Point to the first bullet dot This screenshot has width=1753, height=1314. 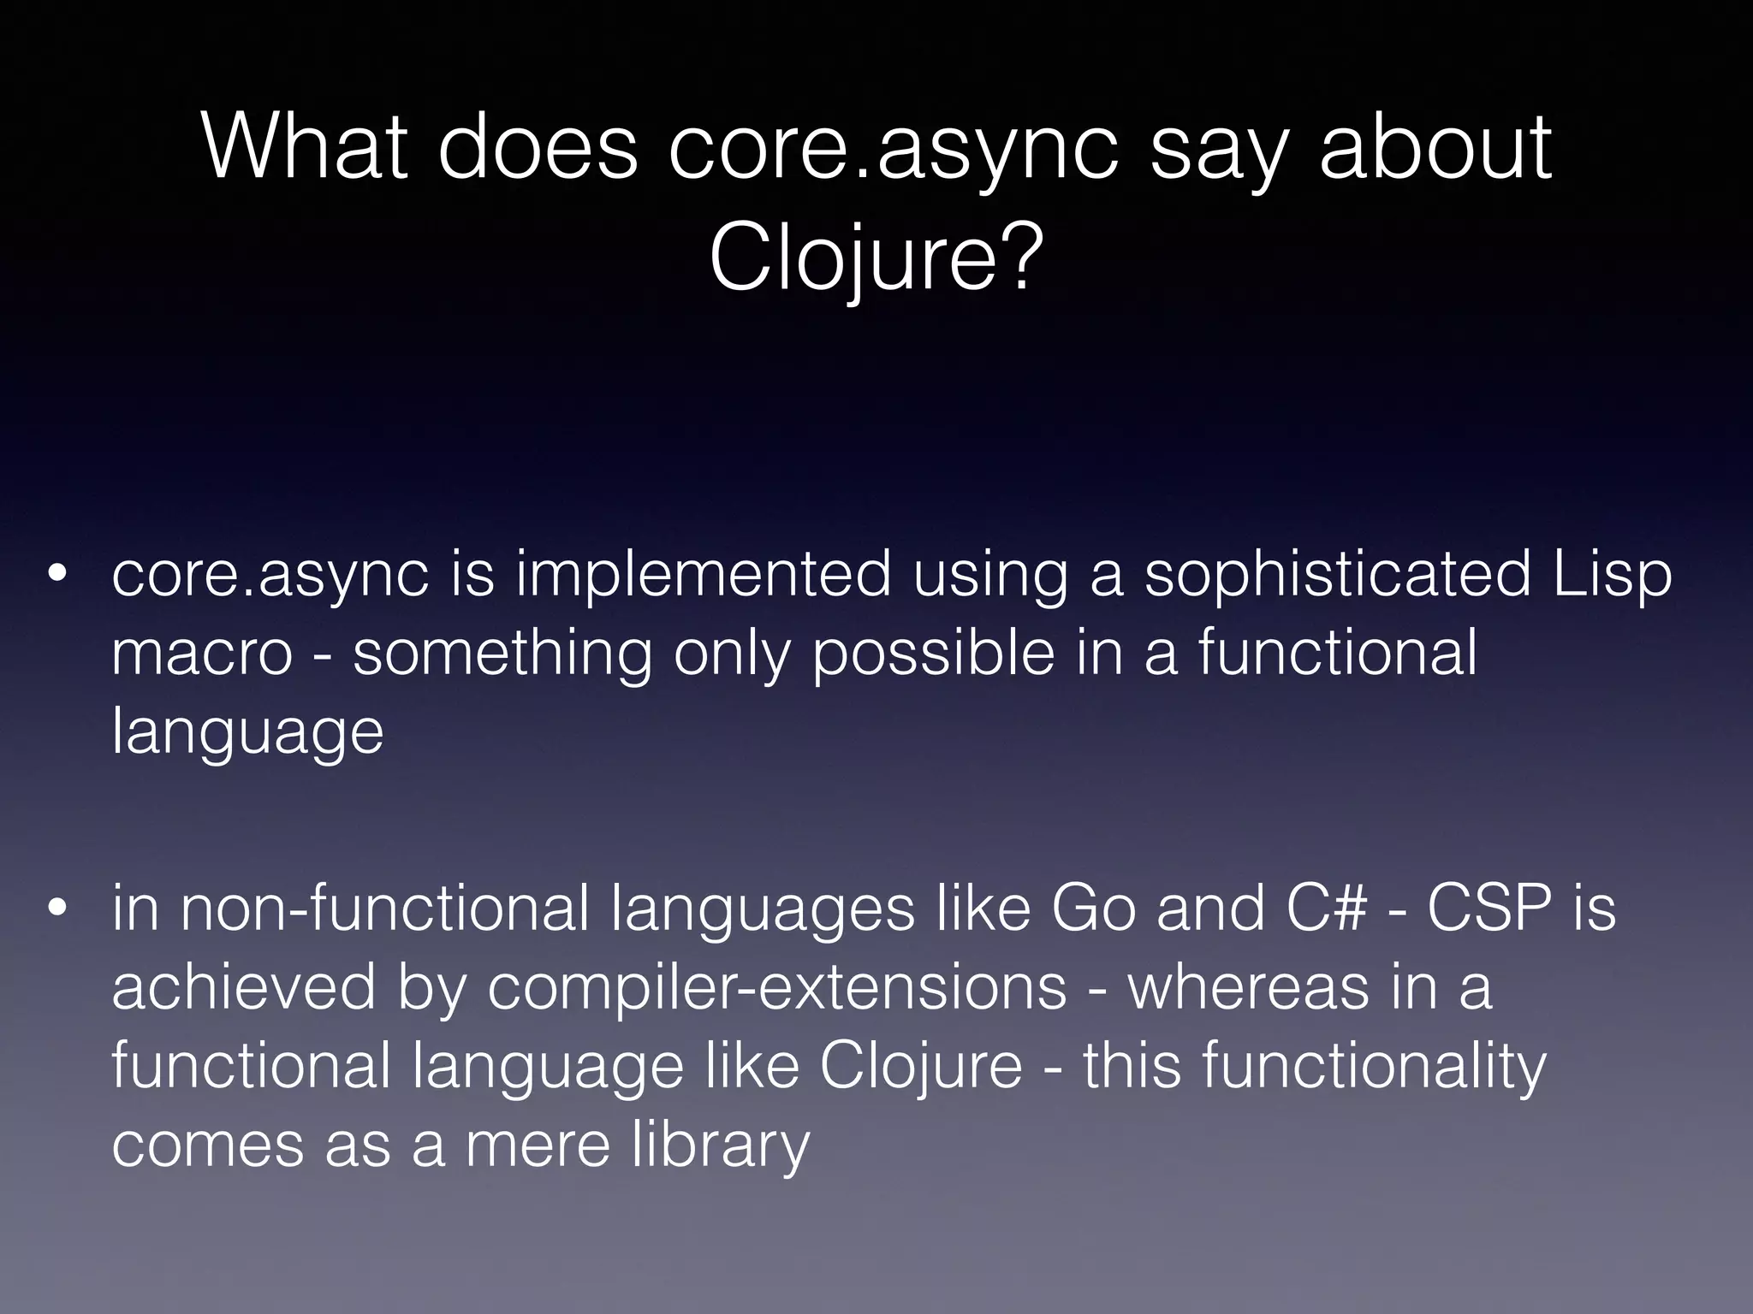pyautogui.click(x=57, y=576)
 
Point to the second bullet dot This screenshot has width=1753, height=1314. pyautogui.click(x=57, y=909)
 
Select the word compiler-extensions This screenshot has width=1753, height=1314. pyautogui.click(x=777, y=987)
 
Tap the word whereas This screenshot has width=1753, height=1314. pyautogui.click(x=1245, y=987)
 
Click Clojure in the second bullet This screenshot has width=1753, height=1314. pyautogui.click(x=920, y=1066)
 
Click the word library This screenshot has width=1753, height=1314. pyautogui.click(x=721, y=1145)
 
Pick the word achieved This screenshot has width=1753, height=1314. pyautogui.click(x=244, y=987)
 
